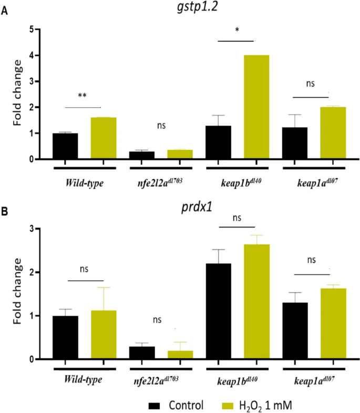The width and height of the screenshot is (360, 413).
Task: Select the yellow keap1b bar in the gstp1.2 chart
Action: click(256, 107)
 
